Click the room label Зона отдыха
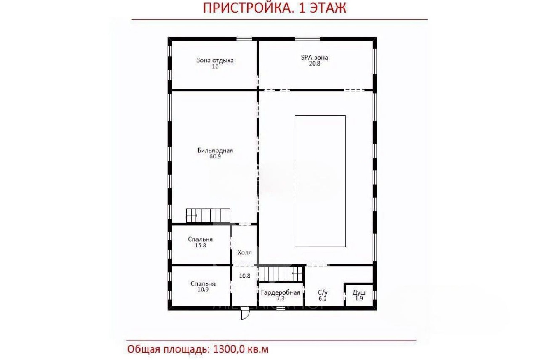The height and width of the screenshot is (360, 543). [215, 60]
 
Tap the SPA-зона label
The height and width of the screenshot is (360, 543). [314, 57]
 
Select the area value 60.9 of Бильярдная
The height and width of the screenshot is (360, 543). [215, 156]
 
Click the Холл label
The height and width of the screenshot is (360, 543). [245, 252]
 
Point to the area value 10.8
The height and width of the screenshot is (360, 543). [244, 276]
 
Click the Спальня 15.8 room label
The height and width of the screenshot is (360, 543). [200, 239]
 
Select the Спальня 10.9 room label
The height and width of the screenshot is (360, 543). [203, 284]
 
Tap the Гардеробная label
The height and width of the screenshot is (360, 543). [280, 292]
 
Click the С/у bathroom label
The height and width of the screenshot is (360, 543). [322, 292]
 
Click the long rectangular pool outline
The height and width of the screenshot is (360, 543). [320, 181]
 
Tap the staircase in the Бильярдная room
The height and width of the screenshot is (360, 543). [208, 216]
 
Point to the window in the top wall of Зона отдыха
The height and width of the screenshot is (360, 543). [244, 39]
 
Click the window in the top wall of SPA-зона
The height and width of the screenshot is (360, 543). [307, 39]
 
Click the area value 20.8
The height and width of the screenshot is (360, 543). [314, 64]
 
